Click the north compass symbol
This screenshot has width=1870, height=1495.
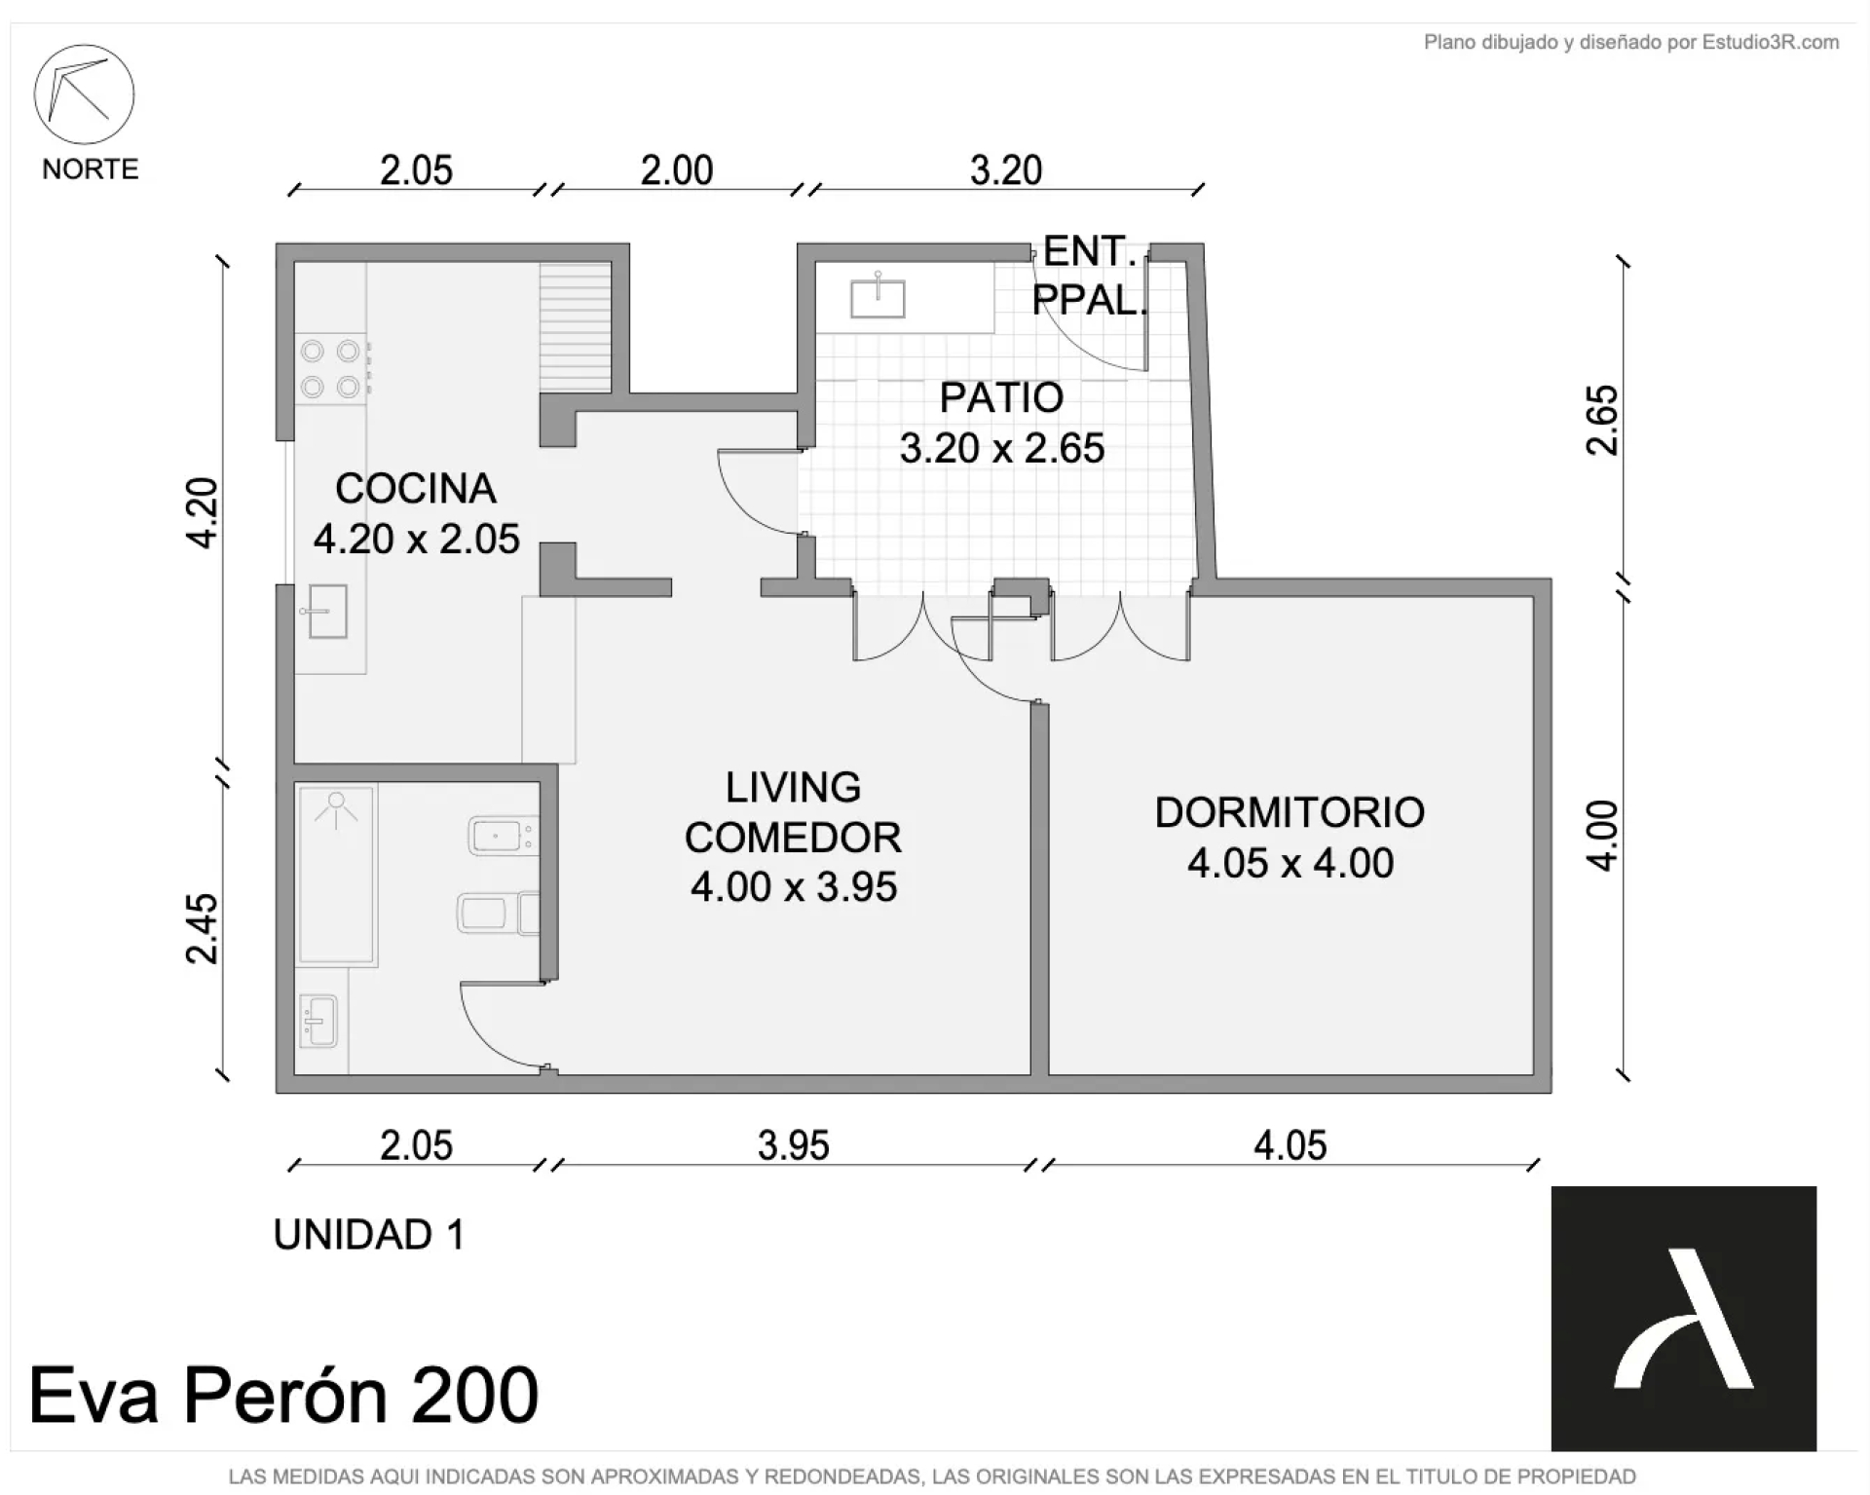[x=84, y=94]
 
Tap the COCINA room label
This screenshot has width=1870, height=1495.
[x=416, y=489]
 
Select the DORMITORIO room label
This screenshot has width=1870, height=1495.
[x=1290, y=812]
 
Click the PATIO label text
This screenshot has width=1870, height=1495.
[x=1001, y=397]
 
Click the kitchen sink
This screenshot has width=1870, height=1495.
[x=325, y=611]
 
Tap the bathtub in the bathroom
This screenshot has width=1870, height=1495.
[x=336, y=875]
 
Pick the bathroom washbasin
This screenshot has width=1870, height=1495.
[x=318, y=1021]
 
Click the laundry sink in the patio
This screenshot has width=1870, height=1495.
[x=878, y=298]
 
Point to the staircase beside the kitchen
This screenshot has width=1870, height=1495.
[x=576, y=327]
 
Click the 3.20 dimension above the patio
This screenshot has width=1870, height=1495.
[x=1006, y=170]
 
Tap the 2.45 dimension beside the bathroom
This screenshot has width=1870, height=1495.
[x=202, y=929]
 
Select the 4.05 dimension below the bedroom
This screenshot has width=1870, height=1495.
[x=1290, y=1145]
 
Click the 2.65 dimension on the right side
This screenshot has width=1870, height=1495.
[x=1602, y=420]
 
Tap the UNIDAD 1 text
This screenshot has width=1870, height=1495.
[x=369, y=1235]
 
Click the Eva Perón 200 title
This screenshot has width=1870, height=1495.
[x=283, y=1395]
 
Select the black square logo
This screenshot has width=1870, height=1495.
[x=1684, y=1319]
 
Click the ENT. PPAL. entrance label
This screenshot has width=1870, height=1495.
[x=1090, y=277]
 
